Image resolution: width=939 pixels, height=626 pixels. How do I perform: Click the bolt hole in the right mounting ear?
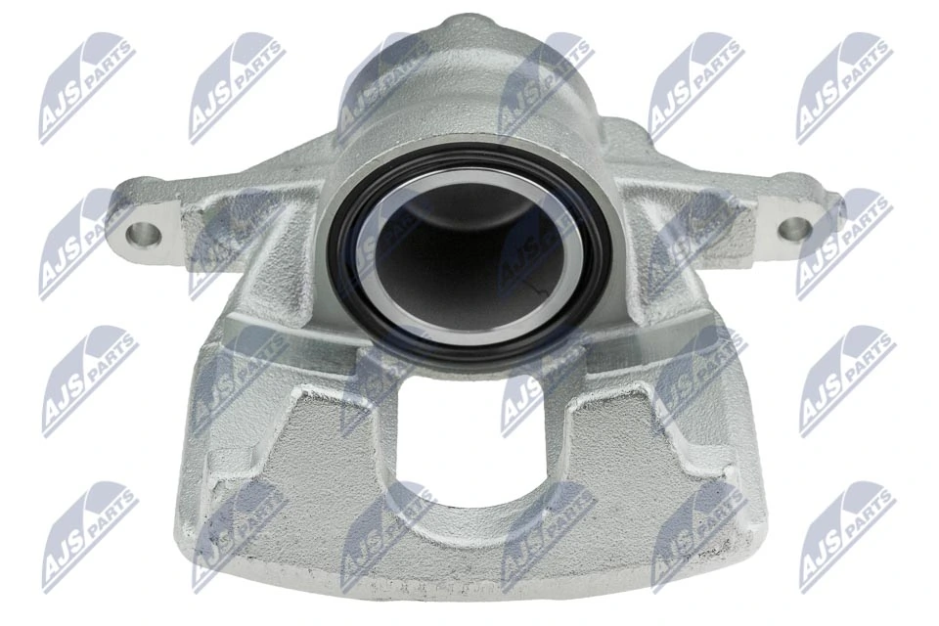795,228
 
